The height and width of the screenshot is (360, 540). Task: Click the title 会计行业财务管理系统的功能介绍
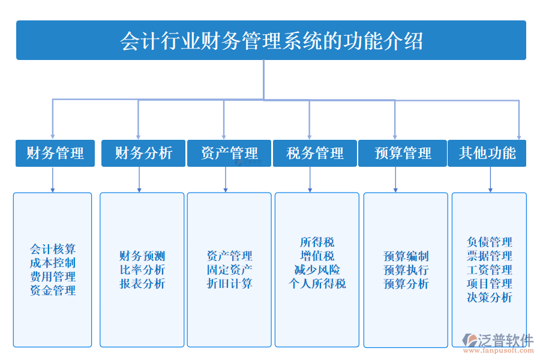point(271,41)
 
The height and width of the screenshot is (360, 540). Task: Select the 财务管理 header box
point(55,153)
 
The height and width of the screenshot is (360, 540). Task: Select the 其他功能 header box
point(487,153)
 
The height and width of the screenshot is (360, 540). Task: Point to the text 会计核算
point(53,249)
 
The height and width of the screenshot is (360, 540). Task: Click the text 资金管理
point(53,290)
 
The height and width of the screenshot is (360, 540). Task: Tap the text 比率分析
point(142,270)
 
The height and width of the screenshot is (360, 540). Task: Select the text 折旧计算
point(229,284)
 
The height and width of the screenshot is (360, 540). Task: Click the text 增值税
point(317,256)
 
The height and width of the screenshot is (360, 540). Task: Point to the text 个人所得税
point(317,284)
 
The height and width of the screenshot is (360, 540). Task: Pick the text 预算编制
point(406,256)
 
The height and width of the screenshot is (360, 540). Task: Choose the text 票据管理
point(489,256)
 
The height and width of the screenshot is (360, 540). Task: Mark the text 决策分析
point(489,298)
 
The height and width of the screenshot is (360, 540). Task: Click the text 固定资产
point(229,270)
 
